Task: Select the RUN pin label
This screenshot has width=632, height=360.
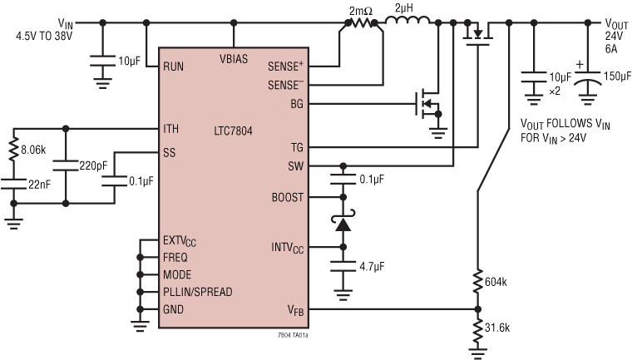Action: [174, 65]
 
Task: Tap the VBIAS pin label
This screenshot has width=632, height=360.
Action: [234, 58]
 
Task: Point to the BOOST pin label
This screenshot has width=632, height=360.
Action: [287, 198]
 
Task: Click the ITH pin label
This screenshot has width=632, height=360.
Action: [172, 129]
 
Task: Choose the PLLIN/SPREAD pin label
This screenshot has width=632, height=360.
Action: [198, 292]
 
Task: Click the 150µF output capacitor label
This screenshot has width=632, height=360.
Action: [615, 76]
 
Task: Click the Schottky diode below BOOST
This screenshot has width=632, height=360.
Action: [342, 223]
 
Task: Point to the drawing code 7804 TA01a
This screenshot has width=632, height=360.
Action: [299, 335]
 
